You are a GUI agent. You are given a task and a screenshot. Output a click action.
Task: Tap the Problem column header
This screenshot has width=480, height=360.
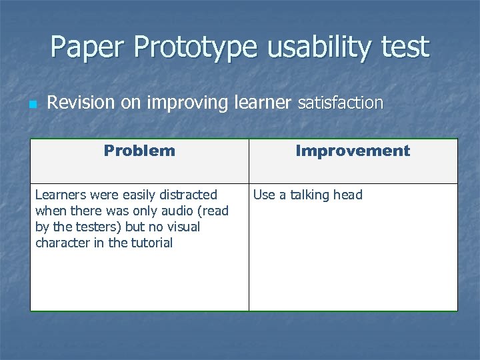pyautogui.click(x=139, y=151)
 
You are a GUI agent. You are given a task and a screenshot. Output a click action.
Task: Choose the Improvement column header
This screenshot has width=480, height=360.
pyautogui.click(x=353, y=151)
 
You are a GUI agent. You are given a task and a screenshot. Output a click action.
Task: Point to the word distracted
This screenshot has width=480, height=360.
pyautogui.click(x=189, y=195)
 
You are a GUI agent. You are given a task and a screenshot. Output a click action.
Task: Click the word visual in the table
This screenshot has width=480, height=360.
pyautogui.click(x=183, y=227)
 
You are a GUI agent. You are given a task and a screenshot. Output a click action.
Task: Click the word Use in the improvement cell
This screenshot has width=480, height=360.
pyautogui.click(x=264, y=195)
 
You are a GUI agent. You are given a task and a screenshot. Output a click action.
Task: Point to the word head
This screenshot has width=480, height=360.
pyautogui.click(x=349, y=195)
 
